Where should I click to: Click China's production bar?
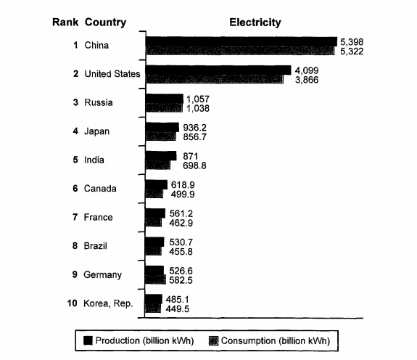[241, 41]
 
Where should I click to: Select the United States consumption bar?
[215, 79]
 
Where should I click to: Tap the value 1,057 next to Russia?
[198, 99]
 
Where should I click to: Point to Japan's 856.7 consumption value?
[194, 137]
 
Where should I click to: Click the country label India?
[94, 160]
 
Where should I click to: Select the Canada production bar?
[157, 184]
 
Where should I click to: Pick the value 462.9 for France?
[181, 223]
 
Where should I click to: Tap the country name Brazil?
[95, 246]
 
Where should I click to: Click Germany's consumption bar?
[156, 279]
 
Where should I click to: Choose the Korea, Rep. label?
[108, 303]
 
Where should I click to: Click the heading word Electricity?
[255, 22]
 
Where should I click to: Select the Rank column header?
[65, 22]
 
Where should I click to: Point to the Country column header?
[105, 22]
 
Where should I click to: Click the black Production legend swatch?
[88, 340]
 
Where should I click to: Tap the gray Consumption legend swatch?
[213, 340]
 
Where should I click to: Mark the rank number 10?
[72, 303]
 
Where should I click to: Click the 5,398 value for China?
[352, 42]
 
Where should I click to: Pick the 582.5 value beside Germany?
[181, 280]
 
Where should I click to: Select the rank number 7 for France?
[75, 217]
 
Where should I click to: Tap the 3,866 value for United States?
[307, 80]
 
